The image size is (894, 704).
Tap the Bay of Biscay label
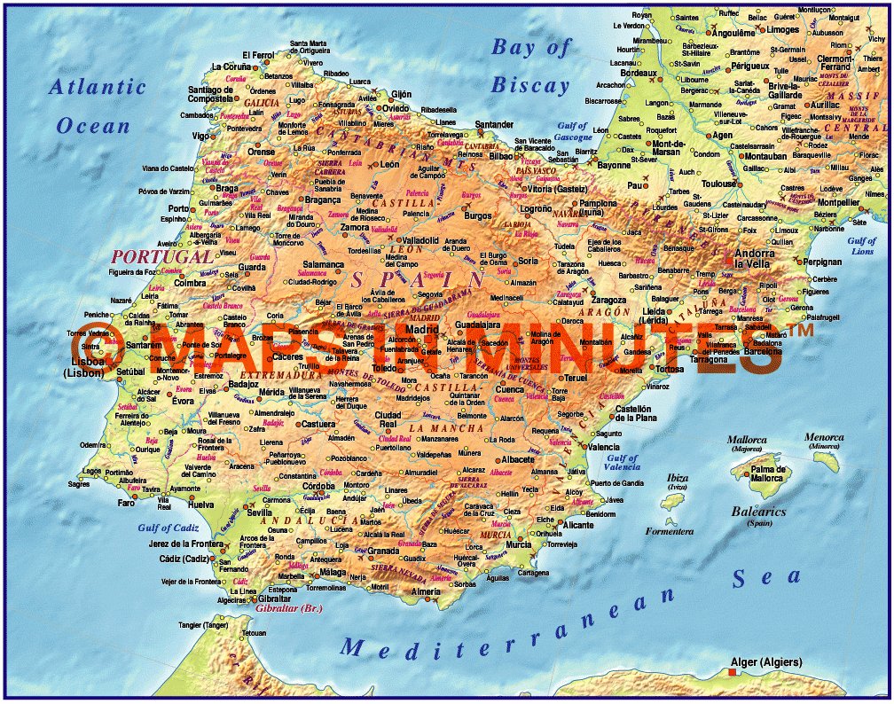[x=530, y=66]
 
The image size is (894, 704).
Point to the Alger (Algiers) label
[x=765, y=662]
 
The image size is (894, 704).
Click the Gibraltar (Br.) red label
[x=288, y=609]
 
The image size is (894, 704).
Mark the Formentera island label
[x=669, y=532]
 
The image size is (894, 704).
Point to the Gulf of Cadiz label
[x=169, y=528]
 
